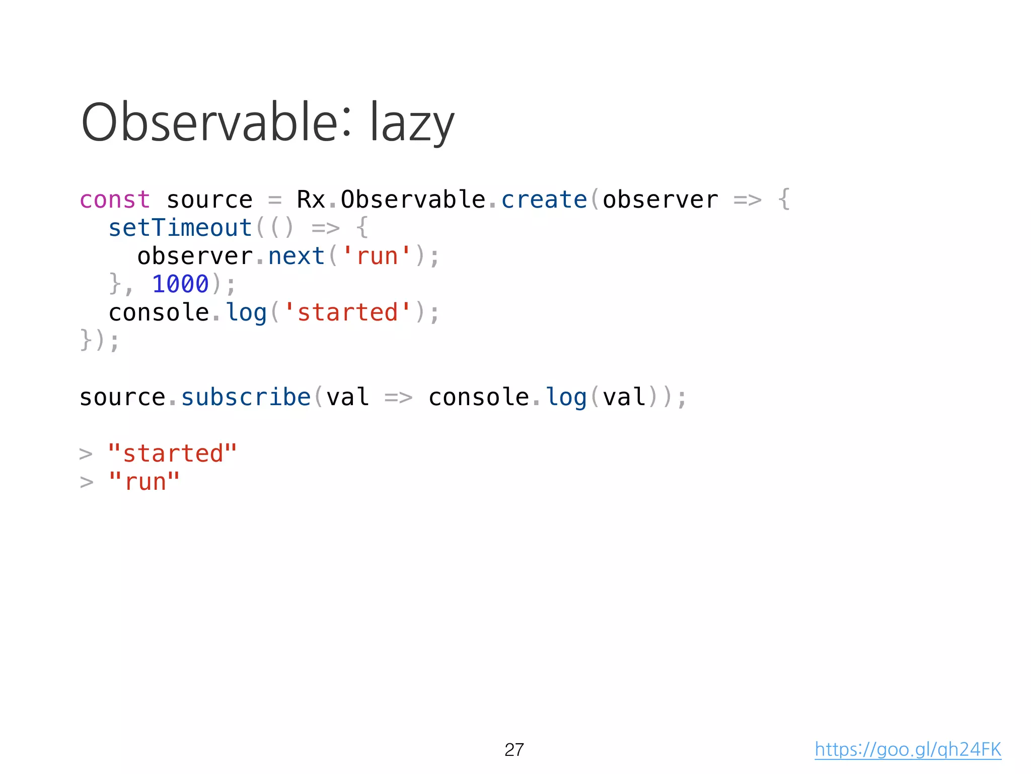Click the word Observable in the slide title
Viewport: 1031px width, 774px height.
point(208,122)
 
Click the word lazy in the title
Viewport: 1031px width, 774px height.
point(412,123)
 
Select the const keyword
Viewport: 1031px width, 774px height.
point(115,200)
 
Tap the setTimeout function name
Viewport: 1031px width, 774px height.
point(180,228)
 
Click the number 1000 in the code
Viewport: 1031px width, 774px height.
point(180,284)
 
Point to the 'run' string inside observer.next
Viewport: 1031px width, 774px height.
point(377,256)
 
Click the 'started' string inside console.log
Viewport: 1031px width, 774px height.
point(347,312)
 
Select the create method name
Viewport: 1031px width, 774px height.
point(544,200)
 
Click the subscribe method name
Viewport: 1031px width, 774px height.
point(246,397)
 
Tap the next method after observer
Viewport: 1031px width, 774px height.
point(296,256)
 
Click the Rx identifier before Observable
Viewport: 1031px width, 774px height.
point(311,200)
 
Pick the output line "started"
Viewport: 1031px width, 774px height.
point(172,454)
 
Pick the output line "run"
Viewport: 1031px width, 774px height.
point(144,482)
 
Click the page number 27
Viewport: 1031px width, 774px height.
point(514,750)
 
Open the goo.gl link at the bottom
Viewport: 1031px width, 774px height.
point(908,750)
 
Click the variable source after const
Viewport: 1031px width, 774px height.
point(209,200)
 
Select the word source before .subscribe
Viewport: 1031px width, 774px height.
point(122,397)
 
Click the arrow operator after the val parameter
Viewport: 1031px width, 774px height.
point(398,398)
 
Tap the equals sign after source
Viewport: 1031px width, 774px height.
point(274,201)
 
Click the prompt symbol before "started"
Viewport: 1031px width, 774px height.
point(86,455)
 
